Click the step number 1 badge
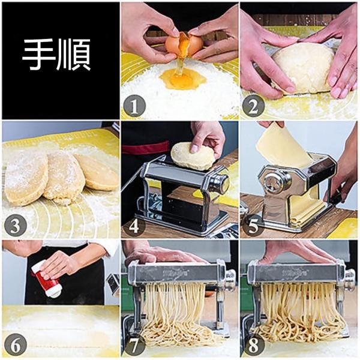pyautogui.click(x=134, y=106)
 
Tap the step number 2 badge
pyautogui.click(x=253, y=106)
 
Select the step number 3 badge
pyautogui.click(x=16, y=226)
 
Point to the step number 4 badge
pyautogui.click(x=134, y=226)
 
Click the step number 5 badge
pyautogui.click(x=253, y=226)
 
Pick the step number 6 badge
pyautogui.click(x=16, y=345)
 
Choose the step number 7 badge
pyautogui.click(x=134, y=345)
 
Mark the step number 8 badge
pyautogui.click(x=253, y=345)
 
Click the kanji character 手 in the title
pyautogui.click(x=38, y=55)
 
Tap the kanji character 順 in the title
pyautogui.click(x=73, y=55)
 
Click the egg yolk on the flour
pyautogui.click(x=182, y=79)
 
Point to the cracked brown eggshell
pyautogui.click(x=184, y=44)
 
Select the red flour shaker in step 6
pyautogui.click(x=47, y=281)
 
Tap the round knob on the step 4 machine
pyautogui.click(x=219, y=183)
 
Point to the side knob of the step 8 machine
pyautogui.click(x=349, y=278)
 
